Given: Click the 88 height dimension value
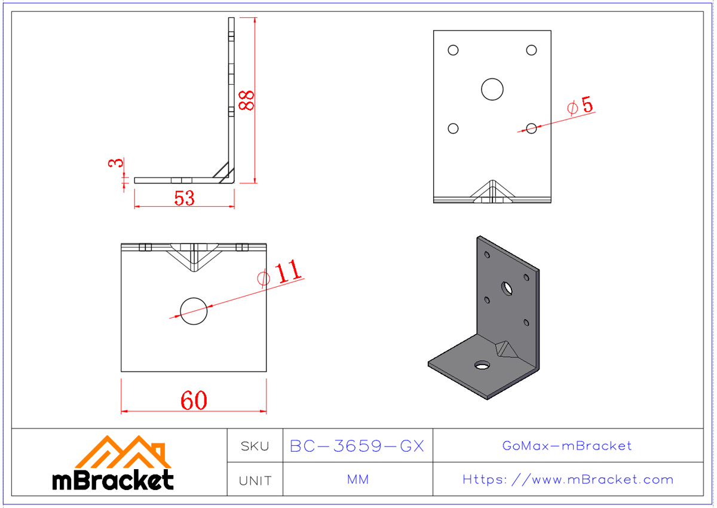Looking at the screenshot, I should tap(246, 100).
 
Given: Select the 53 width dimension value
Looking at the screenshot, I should tap(185, 198).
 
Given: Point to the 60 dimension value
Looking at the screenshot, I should tap(194, 400).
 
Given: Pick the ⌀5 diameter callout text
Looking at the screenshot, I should tap(580, 106).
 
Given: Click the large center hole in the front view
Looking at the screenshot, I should tap(492, 89).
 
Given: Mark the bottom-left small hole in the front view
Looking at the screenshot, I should tap(453, 128).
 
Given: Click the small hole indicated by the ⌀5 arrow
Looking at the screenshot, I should tap(531, 127).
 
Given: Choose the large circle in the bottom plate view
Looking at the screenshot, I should tap(194, 311).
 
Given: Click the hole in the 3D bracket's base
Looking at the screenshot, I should tap(482, 365).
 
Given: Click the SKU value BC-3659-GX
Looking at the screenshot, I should tap(357, 446).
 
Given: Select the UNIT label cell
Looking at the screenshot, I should tap(255, 480).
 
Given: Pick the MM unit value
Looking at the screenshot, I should tap(357, 479).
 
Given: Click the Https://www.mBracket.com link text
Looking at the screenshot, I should tap(568, 479).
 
